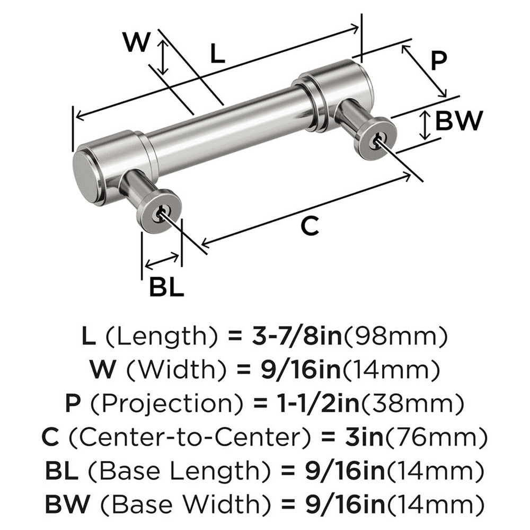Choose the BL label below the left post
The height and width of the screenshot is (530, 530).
166,288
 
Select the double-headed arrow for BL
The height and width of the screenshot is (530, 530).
162,260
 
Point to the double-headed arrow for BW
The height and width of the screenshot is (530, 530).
424,125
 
